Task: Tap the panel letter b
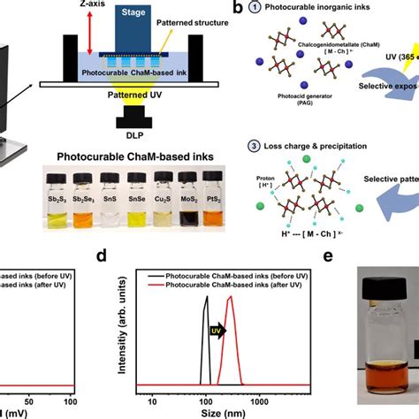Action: click(x=275, y=8)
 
